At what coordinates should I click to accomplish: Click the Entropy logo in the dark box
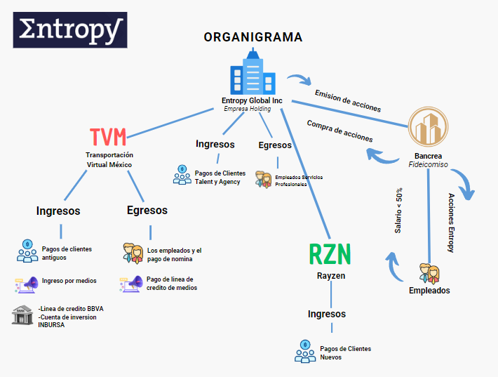point(70,30)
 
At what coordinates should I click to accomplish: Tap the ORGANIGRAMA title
point(253,38)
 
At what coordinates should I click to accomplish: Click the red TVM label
point(109,136)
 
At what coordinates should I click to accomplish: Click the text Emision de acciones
point(347,101)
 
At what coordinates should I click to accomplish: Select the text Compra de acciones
point(339,131)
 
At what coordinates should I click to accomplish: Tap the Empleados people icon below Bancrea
point(429,273)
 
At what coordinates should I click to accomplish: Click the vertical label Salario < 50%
point(398,211)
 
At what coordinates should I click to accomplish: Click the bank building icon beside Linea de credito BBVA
point(24,315)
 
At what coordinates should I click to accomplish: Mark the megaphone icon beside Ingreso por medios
point(27,284)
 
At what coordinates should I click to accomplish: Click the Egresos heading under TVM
point(147,210)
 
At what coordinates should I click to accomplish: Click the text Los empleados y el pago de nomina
point(174,255)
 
